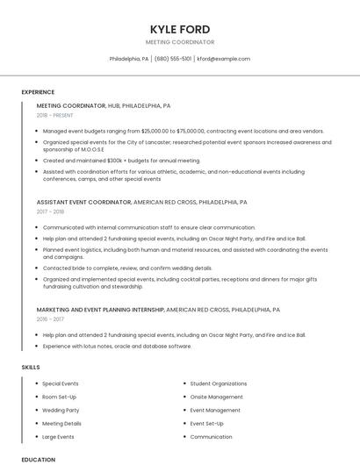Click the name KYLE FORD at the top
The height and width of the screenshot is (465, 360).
(x=179, y=28)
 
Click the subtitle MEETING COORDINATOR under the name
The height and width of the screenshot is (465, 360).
(x=179, y=41)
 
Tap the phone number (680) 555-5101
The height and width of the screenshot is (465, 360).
(x=174, y=59)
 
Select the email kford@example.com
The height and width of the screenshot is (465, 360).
(x=223, y=59)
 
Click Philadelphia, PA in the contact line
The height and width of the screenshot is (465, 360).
(x=129, y=59)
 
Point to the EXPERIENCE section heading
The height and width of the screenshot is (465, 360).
(x=38, y=92)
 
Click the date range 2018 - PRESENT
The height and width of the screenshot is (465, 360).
(x=55, y=115)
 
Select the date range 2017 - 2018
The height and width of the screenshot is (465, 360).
(x=51, y=211)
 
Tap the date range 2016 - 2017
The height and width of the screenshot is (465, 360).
(x=51, y=319)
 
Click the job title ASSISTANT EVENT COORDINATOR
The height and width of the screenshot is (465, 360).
(x=83, y=202)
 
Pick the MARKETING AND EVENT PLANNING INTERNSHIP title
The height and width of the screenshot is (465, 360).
(x=100, y=310)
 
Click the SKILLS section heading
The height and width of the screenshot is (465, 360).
(x=30, y=366)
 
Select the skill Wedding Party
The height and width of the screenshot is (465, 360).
(x=61, y=410)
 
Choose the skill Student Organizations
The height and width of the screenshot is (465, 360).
(x=219, y=383)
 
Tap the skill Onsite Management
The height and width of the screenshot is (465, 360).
(x=217, y=397)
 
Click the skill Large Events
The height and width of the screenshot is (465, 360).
(x=58, y=436)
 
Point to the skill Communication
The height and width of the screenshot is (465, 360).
(x=211, y=436)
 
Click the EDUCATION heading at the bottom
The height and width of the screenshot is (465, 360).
(x=38, y=459)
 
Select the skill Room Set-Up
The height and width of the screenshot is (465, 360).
(x=60, y=397)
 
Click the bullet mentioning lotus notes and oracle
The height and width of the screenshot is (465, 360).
(x=117, y=346)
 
